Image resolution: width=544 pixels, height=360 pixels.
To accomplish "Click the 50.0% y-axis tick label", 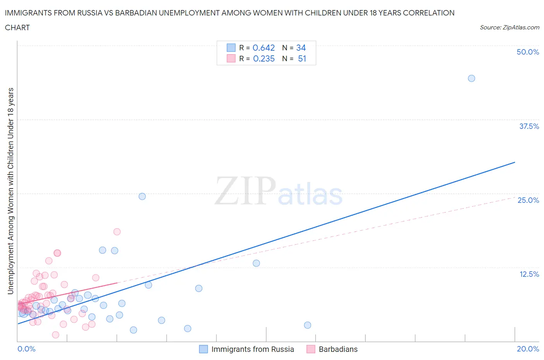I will pos(528,52).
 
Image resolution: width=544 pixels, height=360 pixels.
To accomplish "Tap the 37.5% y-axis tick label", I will pos(529,126).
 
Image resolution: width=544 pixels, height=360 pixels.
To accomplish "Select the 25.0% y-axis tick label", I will pos(528,200).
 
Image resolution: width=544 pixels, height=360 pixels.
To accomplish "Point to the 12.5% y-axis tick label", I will pos(529,274).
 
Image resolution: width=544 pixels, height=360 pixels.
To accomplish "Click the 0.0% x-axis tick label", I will pos(26,349).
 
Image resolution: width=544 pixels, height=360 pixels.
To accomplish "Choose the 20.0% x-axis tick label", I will pos(528,349).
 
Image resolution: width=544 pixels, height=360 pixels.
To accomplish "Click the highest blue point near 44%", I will pos(471,78).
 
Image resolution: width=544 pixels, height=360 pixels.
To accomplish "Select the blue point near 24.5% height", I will pos(142,196).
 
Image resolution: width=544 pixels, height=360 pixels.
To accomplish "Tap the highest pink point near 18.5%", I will pos(117,231).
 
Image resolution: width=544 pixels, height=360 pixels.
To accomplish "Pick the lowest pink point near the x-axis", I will pos(55,335).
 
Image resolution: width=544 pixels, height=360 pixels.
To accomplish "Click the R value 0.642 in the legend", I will pos(263,48).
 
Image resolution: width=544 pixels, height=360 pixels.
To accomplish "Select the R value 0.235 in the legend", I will pos(263,58).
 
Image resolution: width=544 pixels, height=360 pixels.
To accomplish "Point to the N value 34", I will pos(301,48).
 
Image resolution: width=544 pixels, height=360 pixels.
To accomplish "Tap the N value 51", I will pos(302,58).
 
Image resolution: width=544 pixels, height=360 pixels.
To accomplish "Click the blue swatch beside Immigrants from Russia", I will pos(204,349).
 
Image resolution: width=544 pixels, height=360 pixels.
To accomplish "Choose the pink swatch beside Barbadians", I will pos(311,349).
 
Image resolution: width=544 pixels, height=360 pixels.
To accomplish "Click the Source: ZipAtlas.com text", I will pos(509,27).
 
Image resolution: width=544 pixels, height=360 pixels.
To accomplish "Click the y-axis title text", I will pos(10,191).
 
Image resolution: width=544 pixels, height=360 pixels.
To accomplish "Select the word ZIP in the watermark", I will pos(245,190).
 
